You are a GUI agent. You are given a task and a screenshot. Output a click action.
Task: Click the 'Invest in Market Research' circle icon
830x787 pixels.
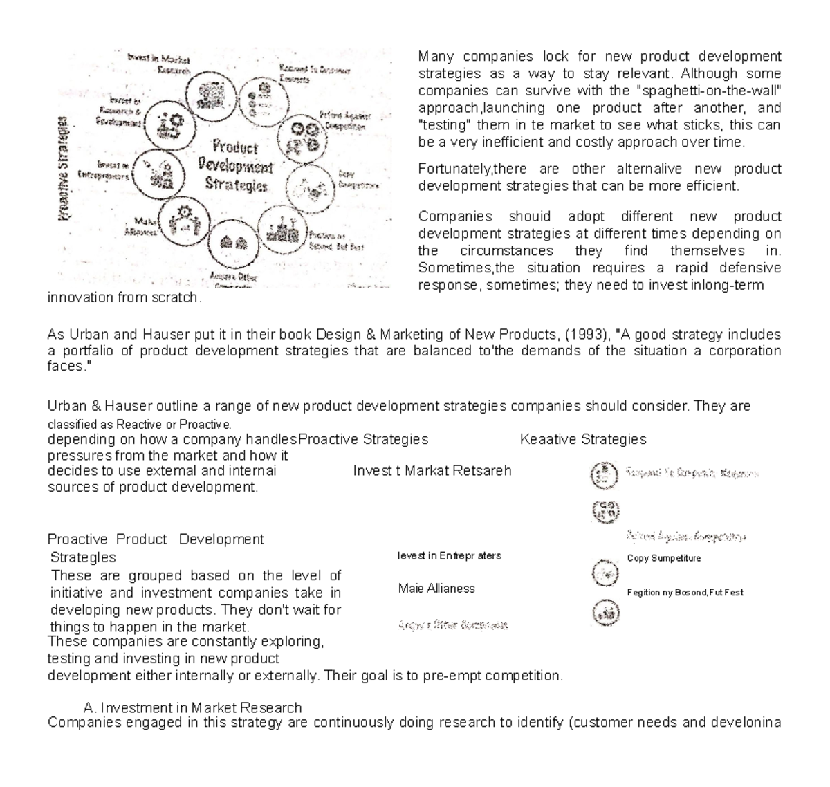pos(210,95)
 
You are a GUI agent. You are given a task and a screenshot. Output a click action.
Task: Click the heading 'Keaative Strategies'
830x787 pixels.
pos(582,439)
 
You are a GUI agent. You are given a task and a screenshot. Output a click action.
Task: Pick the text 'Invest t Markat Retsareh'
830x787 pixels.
pos(432,471)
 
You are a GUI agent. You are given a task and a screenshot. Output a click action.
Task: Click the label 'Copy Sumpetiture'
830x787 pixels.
pos(663,558)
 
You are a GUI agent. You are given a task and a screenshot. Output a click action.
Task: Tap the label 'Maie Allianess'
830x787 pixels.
pos(436,589)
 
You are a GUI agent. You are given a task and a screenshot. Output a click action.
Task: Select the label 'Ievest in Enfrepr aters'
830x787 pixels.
pos(450,555)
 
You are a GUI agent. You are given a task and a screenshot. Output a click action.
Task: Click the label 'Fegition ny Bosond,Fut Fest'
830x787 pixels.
pos(685,593)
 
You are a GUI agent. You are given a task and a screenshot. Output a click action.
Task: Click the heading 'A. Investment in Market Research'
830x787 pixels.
pos(192,707)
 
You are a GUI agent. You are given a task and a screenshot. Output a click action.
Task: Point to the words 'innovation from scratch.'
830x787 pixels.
pos(124,298)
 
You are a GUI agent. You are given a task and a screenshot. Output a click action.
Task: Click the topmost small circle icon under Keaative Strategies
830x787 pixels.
pos(601,475)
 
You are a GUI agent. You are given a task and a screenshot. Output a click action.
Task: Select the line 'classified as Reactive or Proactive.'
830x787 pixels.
pos(139,424)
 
